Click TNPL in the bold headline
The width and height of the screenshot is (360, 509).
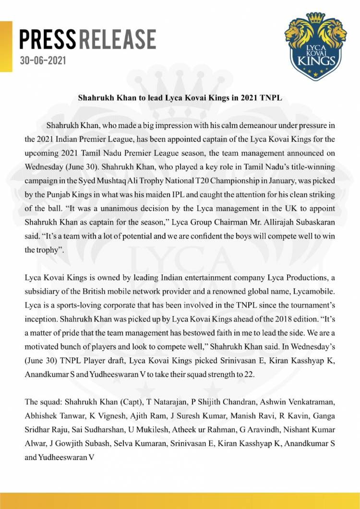coord(268,96)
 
